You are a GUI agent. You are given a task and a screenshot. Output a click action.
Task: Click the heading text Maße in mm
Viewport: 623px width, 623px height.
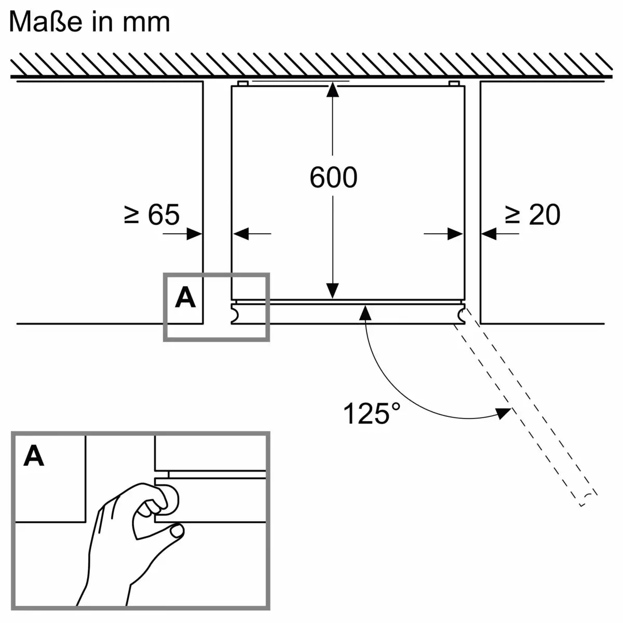coord(89,22)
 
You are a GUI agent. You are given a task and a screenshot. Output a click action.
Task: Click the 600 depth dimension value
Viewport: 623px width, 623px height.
coord(333,178)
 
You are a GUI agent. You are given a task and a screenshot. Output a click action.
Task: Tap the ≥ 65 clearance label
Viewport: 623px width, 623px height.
coord(152,214)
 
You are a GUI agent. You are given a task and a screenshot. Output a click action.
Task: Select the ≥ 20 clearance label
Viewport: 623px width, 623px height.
coord(533,214)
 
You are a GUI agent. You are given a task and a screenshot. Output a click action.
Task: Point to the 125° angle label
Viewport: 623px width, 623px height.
coord(372,414)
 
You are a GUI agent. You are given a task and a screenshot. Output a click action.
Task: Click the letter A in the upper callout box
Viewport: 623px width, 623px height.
coord(185,297)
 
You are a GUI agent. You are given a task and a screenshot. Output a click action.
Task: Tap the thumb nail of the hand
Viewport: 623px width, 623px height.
coord(177,531)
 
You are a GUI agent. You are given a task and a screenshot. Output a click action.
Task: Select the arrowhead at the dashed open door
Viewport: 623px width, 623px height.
coord(503,413)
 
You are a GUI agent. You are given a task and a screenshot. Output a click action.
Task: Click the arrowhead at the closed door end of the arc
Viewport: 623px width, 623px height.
coord(365,313)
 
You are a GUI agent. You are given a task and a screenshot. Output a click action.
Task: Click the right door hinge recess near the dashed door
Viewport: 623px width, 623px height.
coord(461,314)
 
